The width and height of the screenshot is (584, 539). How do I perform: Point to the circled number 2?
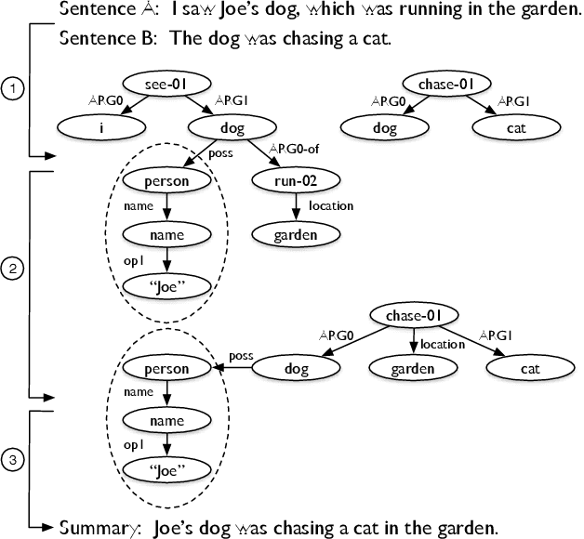coord(12,270)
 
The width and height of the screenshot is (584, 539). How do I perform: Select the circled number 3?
coord(12,459)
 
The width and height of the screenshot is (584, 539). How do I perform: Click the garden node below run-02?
coord(296,234)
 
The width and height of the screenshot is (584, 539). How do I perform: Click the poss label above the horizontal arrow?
coord(240,355)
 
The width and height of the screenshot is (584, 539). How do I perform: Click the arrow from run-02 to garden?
coord(296,209)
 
